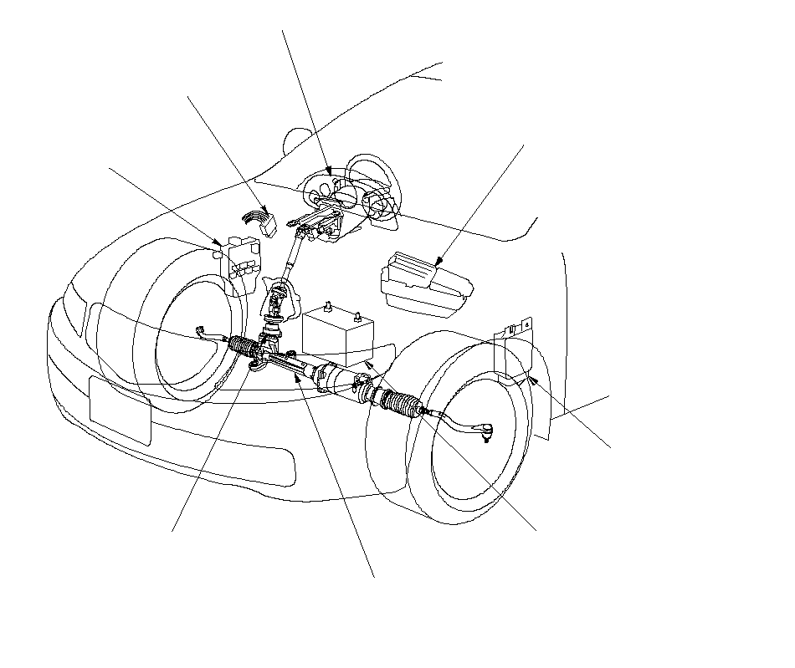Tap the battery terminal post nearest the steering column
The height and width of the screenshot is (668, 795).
331,305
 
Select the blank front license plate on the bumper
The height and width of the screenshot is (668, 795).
120,410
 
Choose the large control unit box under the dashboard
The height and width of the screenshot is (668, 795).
425,280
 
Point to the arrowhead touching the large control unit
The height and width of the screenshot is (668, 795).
439,266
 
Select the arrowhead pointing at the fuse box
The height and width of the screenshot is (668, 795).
219,244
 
